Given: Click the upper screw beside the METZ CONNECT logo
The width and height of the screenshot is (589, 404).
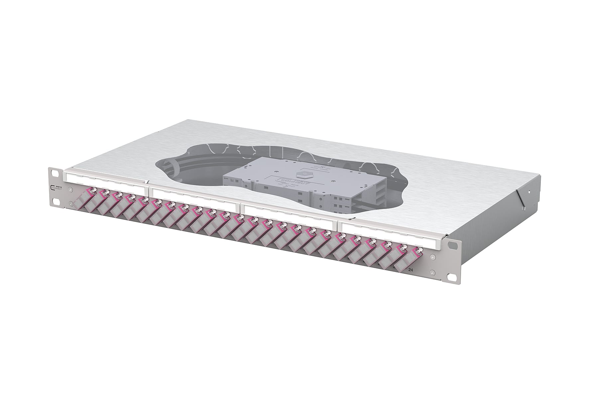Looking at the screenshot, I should (x=70, y=190).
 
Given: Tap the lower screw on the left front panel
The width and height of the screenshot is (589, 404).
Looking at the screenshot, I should (x=70, y=204).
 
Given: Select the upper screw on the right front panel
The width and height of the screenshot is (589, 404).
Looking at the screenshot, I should (x=432, y=257).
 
